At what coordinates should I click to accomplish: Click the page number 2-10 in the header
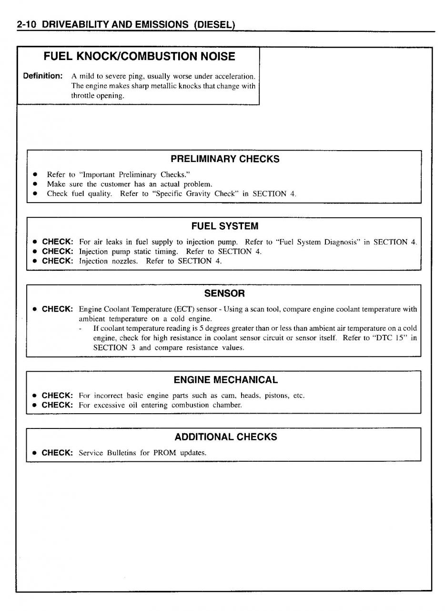pyautogui.click(x=27, y=24)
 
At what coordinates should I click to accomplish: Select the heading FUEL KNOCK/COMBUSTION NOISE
pyautogui.click(x=139, y=57)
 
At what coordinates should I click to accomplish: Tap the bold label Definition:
pyautogui.click(x=43, y=76)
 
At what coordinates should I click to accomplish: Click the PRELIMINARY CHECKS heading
pyautogui.click(x=225, y=159)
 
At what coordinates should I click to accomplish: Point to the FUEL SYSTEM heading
pyautogui.click(x=225, y=226)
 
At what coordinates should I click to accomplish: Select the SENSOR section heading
pyautogui.click(x=224, y=294)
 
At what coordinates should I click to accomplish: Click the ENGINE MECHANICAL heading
pyautogui.click(x=225, y=380)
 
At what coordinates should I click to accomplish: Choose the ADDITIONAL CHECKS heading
pyautogui.click(x=225, y=437)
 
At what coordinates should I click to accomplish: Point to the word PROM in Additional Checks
pyautogui.click(x=165, y=453)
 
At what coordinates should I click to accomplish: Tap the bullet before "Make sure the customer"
pyautogui.click(x=35, y=184)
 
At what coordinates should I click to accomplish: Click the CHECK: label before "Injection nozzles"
pyautogui.click(x=57, y=261)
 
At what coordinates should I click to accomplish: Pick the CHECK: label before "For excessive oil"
pyautogui.click(x=57, y=405)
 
